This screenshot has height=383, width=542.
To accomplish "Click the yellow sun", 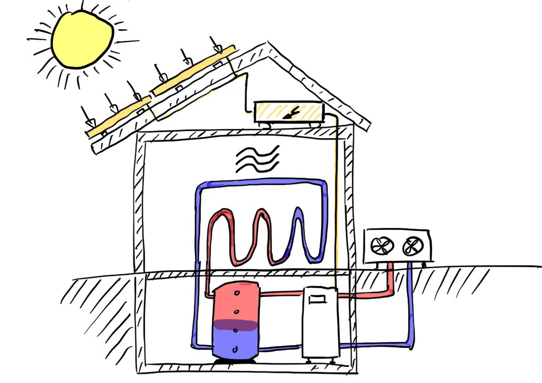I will coord(82,39).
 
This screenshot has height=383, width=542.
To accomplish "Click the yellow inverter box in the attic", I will coord(289,112).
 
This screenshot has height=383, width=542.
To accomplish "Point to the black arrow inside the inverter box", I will coord(290,112).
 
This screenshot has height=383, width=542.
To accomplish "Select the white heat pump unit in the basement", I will coord(320,323).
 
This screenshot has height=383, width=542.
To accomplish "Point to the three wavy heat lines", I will coord(256,159).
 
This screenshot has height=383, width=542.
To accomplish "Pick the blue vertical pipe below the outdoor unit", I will coord(410,302).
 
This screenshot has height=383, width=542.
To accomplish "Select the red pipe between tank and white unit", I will coord(281,293).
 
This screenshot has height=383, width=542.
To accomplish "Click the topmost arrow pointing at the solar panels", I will coord(216,44).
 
